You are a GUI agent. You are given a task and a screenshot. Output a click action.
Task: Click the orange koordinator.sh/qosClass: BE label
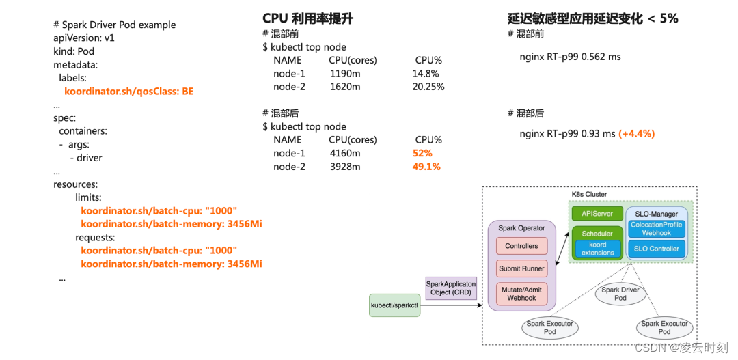pyautogui.click(x=128, y=91)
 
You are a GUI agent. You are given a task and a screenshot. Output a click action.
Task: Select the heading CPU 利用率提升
pyautogui.click(x=307, y=18)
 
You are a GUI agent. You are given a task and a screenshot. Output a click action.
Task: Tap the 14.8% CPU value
pyautogui.click(x=425, y=74)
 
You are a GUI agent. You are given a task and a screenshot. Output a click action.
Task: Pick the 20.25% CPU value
pyautogui.click(x=428, y=87)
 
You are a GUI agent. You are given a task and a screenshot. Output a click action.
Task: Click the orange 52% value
pyautogui.click(x=422, y=153)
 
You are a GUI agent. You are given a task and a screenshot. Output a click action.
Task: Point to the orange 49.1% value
pyautogui.click(x=426, y=167)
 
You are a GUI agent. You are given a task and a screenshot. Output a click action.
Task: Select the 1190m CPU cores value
pyautogui.click(x=344, y=74)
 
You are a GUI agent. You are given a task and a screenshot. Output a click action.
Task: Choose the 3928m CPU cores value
pyautogui.click(x=344, y=167)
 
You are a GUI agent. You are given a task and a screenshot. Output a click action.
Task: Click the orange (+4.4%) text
pyautogui.click(x=636, y=134)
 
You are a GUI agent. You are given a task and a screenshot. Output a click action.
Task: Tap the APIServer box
pyautogui.click(x=597, y=214)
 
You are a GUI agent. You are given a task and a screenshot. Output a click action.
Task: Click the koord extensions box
pyautogui.click(x=597, y=249)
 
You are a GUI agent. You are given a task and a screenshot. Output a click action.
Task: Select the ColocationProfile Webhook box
pyautogui.click(x=656, y=229)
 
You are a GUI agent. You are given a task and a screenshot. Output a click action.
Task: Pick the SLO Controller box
pyautogui.click(x=656, y=249)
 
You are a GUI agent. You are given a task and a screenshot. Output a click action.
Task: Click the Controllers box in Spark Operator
pyautogui.click(x=521, y=246)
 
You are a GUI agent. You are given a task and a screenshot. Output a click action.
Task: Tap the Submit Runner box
pyautogui.click(x=521, y=268)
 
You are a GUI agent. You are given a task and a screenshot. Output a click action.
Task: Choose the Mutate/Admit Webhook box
pyautogui.click(x=521, y=294)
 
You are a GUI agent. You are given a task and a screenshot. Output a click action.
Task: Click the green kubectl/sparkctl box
pyautogui.click(x=394, y=305)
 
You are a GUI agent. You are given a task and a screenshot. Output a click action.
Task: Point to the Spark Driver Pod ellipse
pyautogui.click(x=620, y=294)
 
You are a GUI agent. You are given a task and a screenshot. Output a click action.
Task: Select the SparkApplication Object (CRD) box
pyautogui.click(x=450, y=288)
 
